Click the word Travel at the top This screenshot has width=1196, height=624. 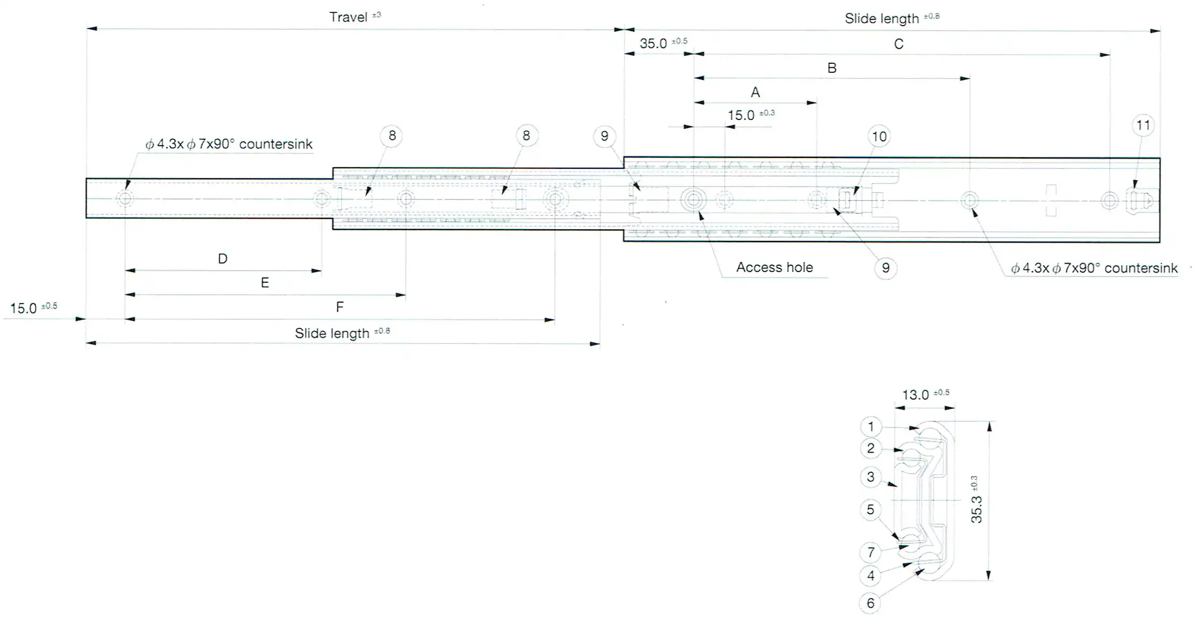coord(348,17)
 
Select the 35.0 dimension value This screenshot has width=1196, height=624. coord(653,43)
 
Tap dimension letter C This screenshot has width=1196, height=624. coord(899,44)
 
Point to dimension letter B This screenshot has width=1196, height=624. coord(832,68)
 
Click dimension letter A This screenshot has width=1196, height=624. coord(755,92)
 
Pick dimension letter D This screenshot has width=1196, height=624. coord(222,259)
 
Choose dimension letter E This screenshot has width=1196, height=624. coord(265,283)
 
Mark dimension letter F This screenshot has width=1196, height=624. coord(339,307)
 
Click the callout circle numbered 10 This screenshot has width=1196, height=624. coord(879,137)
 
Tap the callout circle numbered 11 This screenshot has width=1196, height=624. coord(1143,125)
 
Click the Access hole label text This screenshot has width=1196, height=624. coord(774,267)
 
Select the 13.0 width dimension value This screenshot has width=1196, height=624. coord(915,395)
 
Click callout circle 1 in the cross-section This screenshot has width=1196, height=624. coord(871,427)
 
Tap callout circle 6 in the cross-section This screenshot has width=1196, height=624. coord(871,603)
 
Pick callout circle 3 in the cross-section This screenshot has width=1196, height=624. coord(871,477)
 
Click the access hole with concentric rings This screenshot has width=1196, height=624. coord(694,200)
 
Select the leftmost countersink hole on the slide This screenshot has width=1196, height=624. coord(125,199)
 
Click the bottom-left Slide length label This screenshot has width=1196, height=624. coord(332,334)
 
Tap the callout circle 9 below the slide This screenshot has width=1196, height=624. coord(886,268)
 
